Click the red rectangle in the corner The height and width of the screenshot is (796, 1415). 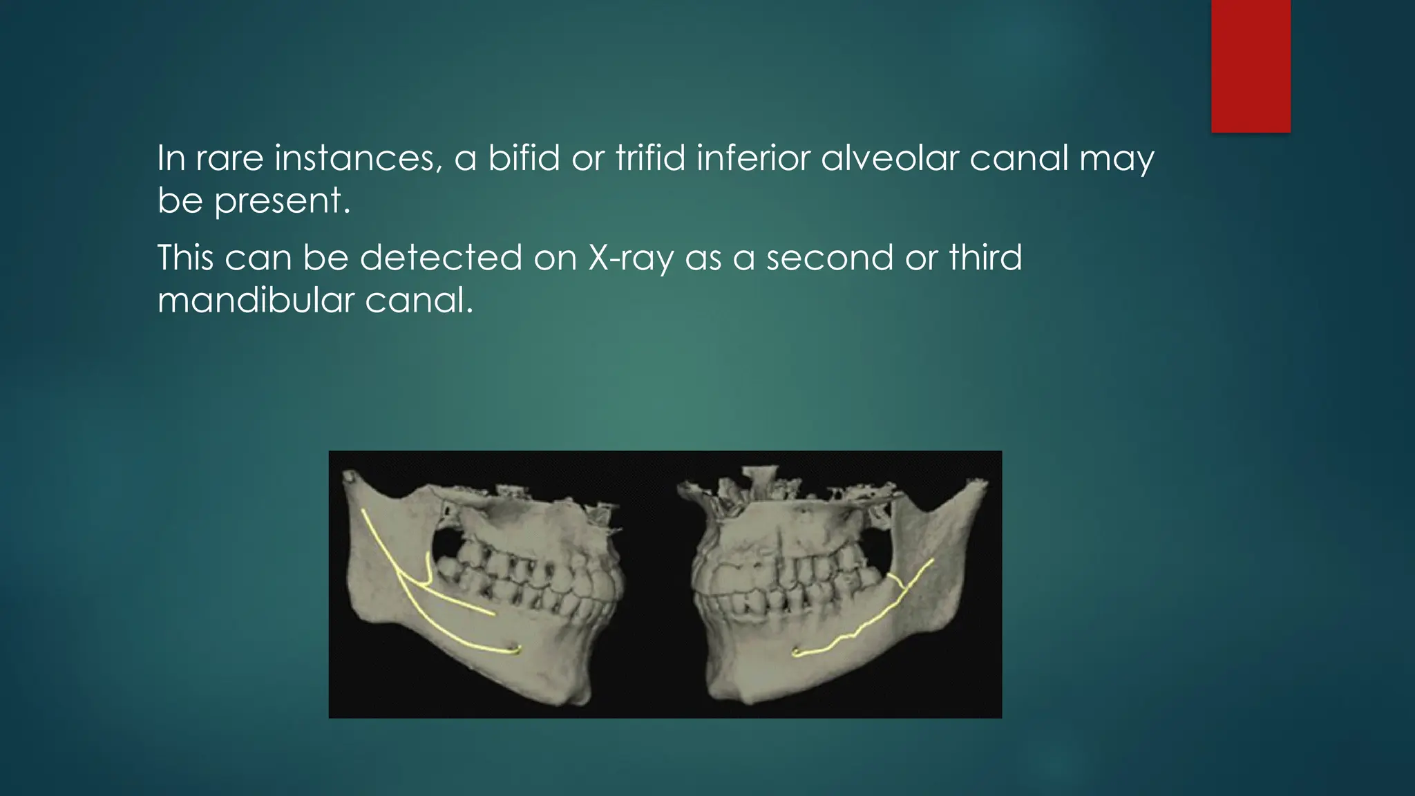pyautogui.click(x=1251, y=66)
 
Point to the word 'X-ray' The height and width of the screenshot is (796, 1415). pyautogui.click(x=630, y=258)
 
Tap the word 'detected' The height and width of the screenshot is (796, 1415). pyautogui.click(x=441, y=258)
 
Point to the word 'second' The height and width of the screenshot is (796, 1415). pyautogui.click(x=829, y=258)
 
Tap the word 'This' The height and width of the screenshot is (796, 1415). pyautogui.click(x=184, y=258)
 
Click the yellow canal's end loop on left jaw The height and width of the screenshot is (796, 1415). pyautogui.click(x=514, y=649)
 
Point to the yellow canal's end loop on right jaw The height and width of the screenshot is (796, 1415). pyautogui.click(x=797, y=652)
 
